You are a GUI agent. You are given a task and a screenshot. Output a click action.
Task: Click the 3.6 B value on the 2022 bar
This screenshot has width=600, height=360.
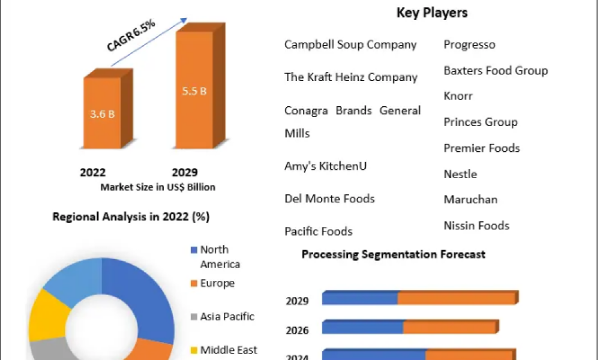tap(103, 114)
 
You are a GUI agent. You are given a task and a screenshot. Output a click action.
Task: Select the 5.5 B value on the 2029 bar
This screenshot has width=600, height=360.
tap(194, 91)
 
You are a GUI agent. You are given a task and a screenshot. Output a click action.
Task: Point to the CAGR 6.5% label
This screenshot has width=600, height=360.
tap(131, 37)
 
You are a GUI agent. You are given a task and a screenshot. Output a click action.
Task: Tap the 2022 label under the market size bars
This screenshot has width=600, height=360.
tap(92, 172)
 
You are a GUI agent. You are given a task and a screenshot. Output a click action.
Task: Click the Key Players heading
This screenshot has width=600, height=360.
tap(432, 13)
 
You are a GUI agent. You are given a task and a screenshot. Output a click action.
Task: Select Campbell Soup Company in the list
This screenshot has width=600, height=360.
tap(350, 44)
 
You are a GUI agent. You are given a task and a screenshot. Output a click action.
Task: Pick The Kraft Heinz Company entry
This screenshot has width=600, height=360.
tap(351, 77)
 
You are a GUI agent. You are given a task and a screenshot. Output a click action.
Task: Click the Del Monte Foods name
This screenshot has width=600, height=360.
tap(329, 199)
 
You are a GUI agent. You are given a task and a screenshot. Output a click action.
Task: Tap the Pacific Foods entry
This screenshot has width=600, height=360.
tap(319, 231)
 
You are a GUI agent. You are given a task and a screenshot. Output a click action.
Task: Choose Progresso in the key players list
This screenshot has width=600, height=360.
tap(470, 44)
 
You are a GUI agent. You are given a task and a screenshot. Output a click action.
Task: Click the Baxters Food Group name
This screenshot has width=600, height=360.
tap(496, 71)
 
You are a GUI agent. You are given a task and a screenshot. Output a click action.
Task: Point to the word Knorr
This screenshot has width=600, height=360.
tap(458, 96)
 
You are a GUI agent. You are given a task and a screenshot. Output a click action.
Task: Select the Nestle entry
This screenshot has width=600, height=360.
tap(460, 175)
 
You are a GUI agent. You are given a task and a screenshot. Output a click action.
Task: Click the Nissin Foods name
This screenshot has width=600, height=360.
tap(476, 226)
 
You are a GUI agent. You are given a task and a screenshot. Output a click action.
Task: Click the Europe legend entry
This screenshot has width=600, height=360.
tap(217, 283)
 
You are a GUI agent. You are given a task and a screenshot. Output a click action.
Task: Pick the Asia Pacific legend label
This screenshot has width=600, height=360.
tap(227, 317)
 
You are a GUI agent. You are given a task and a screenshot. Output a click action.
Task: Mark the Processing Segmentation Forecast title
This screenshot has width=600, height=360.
tap(394, 254)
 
